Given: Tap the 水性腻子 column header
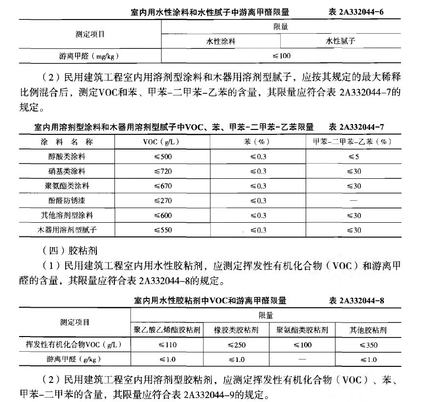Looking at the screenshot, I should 340,41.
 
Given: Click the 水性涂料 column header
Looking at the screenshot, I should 220,41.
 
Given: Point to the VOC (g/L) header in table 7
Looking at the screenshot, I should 163,142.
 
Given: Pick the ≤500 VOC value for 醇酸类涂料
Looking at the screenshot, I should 163,156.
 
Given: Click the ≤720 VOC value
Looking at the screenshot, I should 163,171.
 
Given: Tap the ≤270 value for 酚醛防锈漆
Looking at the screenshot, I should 163,200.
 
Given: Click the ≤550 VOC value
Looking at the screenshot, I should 163,230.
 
